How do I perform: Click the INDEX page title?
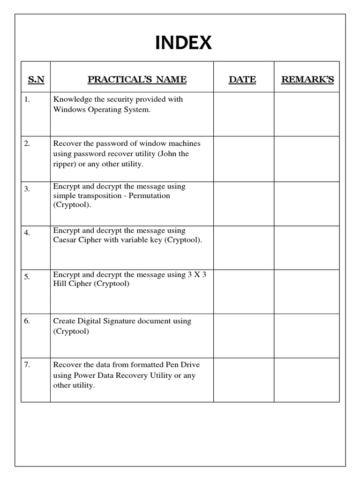click(183, 43)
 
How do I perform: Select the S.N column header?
click(36, 79)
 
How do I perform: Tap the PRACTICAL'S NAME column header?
click(137, 79)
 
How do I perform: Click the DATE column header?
click(242, 79)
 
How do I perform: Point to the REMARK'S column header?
click(307, 79)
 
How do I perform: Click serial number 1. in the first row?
click(27, 99)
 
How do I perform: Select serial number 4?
click(27, 232)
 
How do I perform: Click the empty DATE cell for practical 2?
click(244, 158)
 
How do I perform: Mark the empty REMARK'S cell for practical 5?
click(307, 292)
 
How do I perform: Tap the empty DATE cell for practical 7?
click(244, 380)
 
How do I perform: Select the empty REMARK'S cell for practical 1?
click(307, 114)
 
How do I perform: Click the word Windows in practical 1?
click(67, 110)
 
